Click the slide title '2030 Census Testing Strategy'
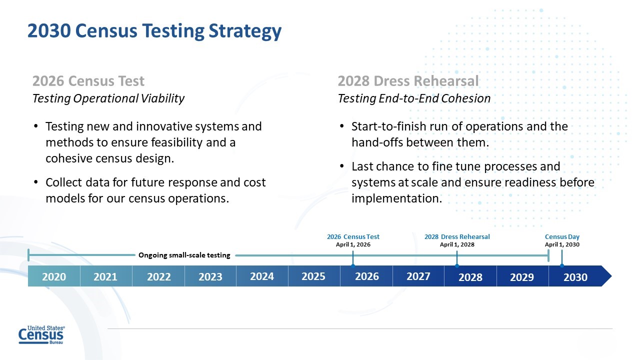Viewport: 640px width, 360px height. point(154,31)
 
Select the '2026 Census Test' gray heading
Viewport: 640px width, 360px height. point(88,81)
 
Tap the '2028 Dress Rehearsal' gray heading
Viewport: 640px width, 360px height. point(408,81)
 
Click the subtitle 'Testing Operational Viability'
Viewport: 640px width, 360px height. point(108,98)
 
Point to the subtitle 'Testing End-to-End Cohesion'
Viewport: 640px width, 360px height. point(414,98)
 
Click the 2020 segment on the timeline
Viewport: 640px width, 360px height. point(54,276)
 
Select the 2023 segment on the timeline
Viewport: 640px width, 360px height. point(210,276)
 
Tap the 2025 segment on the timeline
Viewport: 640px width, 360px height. point(313,276)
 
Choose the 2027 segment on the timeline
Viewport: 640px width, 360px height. point(418,276)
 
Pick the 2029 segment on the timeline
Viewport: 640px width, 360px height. point(522,276)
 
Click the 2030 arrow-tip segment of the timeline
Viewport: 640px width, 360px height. point(576,276)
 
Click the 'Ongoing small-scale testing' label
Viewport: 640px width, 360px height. point(184,255)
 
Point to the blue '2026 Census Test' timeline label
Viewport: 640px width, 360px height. point(353,236)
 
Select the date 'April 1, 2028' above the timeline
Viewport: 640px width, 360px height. point(457,244)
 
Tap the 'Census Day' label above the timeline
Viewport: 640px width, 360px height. point(562,236)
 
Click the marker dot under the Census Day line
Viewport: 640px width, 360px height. point(562,265)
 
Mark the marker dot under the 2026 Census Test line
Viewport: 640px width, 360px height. point(353,265)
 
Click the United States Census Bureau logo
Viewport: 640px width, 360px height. point(41,335)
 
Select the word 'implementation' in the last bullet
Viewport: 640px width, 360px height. point(396,198)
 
